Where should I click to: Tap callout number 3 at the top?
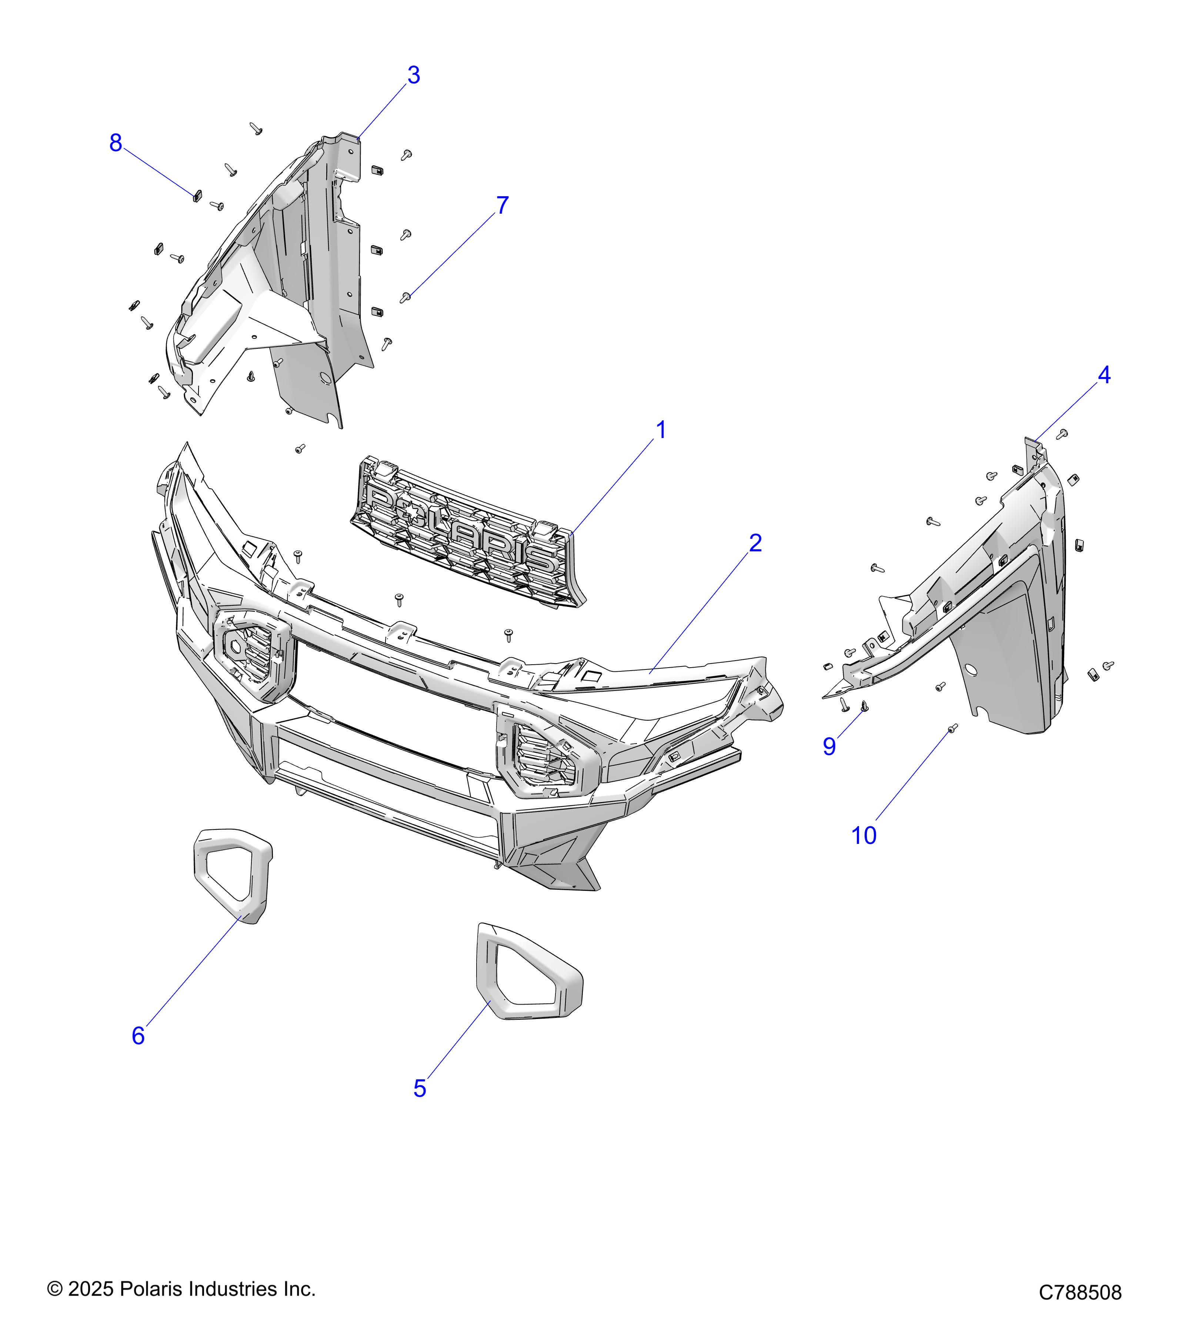414,76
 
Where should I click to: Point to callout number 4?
1104,375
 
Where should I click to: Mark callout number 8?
116,143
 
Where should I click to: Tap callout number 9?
829,747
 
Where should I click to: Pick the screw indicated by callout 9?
865,706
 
